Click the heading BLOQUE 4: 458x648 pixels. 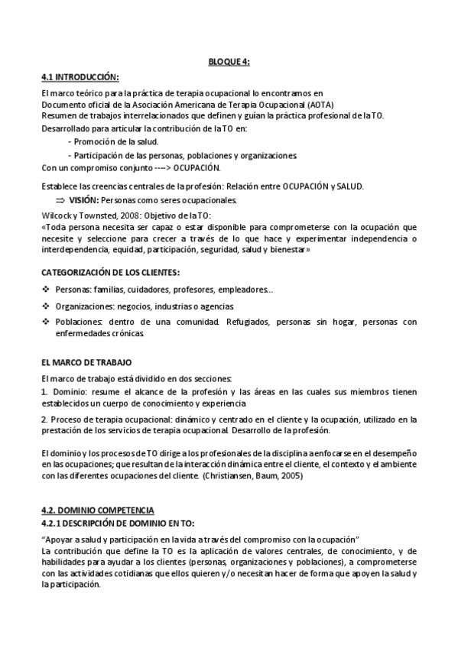click(229, 62)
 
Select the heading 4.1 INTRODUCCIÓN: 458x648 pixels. click(80, 77)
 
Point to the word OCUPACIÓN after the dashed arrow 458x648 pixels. click(197, 167)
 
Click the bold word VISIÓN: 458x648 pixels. click(84, 200)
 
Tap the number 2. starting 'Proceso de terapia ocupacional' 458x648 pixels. click(44, 419)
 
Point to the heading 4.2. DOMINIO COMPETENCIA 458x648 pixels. click(97, 510)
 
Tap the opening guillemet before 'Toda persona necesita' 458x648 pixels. click(44, 227)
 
